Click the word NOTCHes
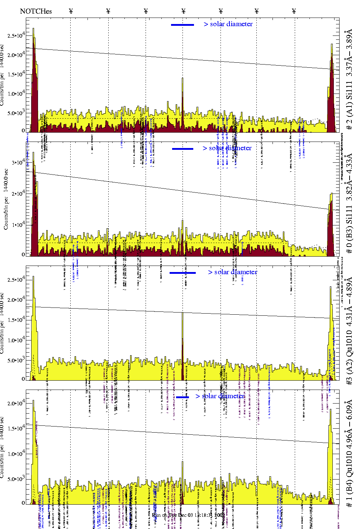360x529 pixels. click(36, 11)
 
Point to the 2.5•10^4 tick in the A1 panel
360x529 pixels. click(16, 36)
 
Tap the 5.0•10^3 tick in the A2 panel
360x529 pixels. click(16, 361)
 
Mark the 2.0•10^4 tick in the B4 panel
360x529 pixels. click(16, 404)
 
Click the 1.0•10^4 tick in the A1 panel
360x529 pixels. click(16, 94)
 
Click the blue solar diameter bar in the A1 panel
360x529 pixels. click(183, 25)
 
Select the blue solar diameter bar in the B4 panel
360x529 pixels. click(183, 397)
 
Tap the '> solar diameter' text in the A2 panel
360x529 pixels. click(232, 272)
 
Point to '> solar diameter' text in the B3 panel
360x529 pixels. click(227, 148)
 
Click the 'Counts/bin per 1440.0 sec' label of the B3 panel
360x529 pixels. click(6, 199)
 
